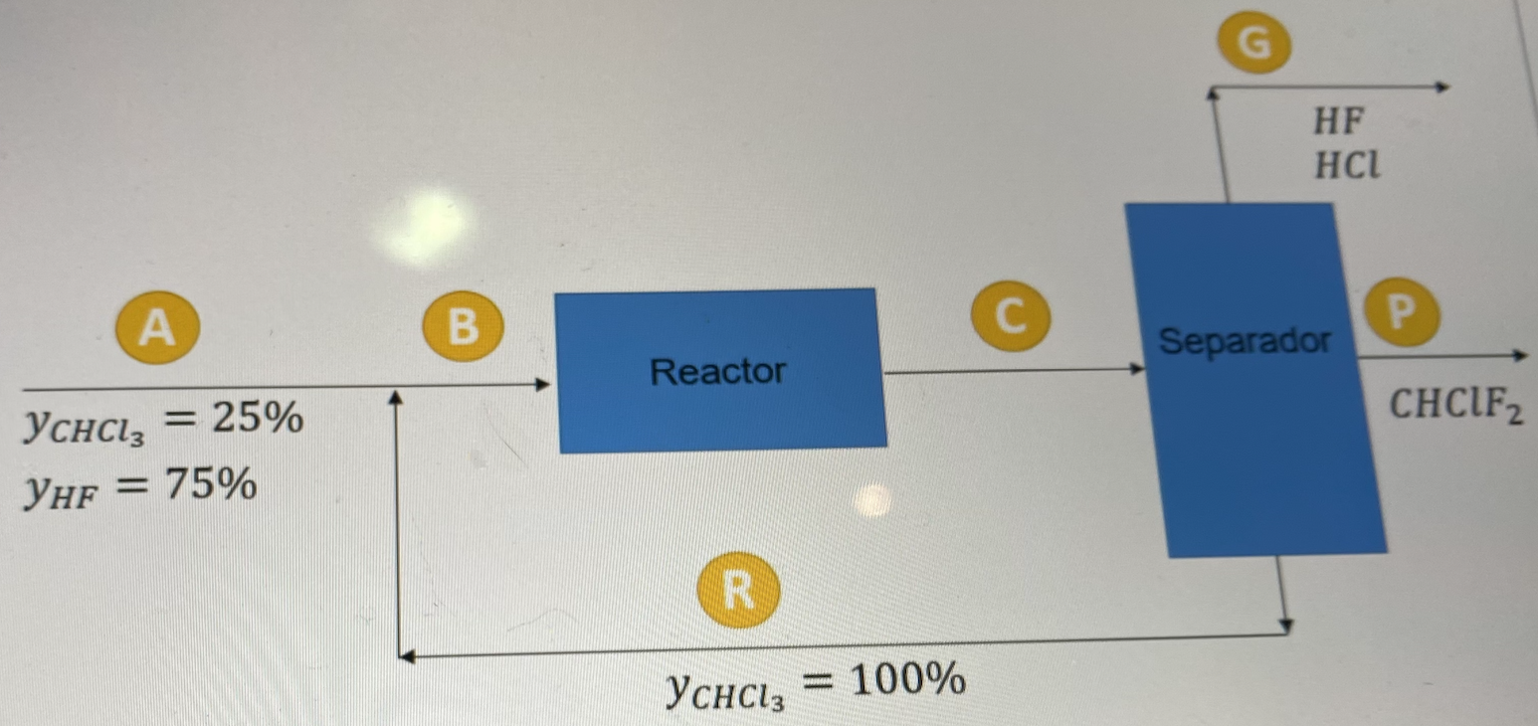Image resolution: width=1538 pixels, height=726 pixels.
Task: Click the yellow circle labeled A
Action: click(156, 327)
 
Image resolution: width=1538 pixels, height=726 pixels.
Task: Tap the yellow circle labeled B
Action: click(463, 325)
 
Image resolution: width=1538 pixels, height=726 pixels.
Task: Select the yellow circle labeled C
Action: click(1011, 315)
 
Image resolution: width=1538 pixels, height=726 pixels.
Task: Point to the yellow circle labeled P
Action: click(1401, 311)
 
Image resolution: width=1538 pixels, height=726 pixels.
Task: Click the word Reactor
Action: click(717, 372)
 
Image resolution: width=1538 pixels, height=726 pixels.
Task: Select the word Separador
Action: click(1245, 342)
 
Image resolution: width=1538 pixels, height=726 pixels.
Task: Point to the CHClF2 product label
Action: click(1454, 405)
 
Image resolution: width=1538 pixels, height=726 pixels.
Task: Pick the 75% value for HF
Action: click(211, 486)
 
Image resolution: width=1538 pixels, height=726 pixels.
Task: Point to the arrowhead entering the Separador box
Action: click(1140, 369)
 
